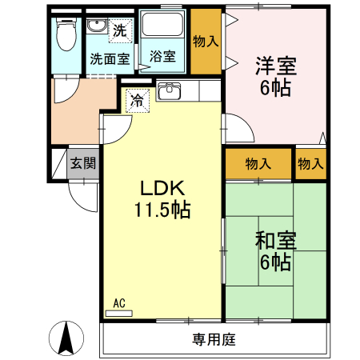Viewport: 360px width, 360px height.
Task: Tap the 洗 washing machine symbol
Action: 119,32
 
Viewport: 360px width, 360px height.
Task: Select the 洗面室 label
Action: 109,58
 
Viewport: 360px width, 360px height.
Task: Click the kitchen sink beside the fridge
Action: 170,91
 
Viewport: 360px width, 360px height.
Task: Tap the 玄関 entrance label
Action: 82,164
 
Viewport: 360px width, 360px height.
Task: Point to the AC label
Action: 119,303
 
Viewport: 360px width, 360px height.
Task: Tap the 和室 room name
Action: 274,239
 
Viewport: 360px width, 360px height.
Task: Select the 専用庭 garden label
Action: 213,339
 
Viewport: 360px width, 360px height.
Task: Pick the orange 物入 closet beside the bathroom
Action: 206,42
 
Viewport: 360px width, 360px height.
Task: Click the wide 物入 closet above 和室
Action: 258,164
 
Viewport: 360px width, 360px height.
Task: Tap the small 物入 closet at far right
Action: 310,164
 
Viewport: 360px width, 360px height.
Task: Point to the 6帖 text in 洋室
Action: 274,87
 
